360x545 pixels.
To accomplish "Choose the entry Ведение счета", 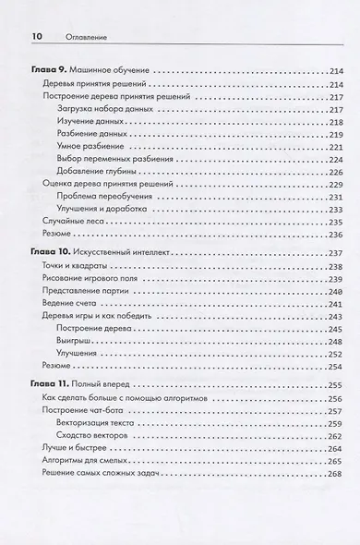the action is pyautogui.click(x=71, y=304).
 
